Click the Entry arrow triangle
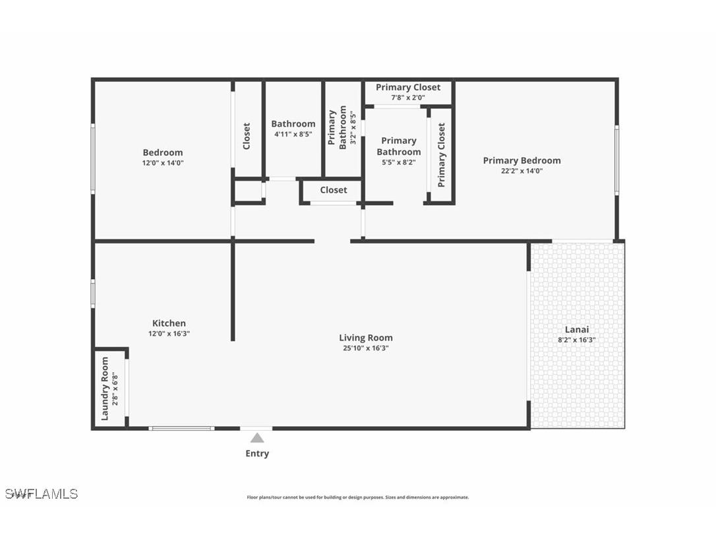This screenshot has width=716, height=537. coord(257,438)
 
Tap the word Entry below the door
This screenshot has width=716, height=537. coord(257,454)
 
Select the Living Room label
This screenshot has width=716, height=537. coord(366,338)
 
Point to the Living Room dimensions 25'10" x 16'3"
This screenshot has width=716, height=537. coord(366,348)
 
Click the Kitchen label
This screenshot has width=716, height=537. coord(169,323)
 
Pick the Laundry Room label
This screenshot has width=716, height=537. coord(105,389)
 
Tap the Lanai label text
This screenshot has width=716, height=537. coord(577,330)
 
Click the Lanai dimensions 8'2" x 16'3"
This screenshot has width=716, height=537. coord(577,340)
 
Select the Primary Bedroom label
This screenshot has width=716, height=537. coord(522,160)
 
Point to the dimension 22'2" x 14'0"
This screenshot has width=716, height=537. coord(522,171)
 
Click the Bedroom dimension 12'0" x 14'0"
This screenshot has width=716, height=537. coord(163,163)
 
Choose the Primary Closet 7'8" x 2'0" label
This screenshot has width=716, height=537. coord(408,92)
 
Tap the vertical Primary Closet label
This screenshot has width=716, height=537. coord(442,155)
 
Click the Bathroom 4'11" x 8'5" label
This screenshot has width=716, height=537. coord(293,128)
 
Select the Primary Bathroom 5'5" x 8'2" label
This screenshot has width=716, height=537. coord(399,151)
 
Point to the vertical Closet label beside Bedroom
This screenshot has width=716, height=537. coord(247,136)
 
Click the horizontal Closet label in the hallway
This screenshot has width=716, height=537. coord(334,190)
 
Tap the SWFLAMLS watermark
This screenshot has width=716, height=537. coord(42,494)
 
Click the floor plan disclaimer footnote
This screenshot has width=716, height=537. coord(358,497)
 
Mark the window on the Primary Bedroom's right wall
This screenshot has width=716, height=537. coord(616,160)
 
